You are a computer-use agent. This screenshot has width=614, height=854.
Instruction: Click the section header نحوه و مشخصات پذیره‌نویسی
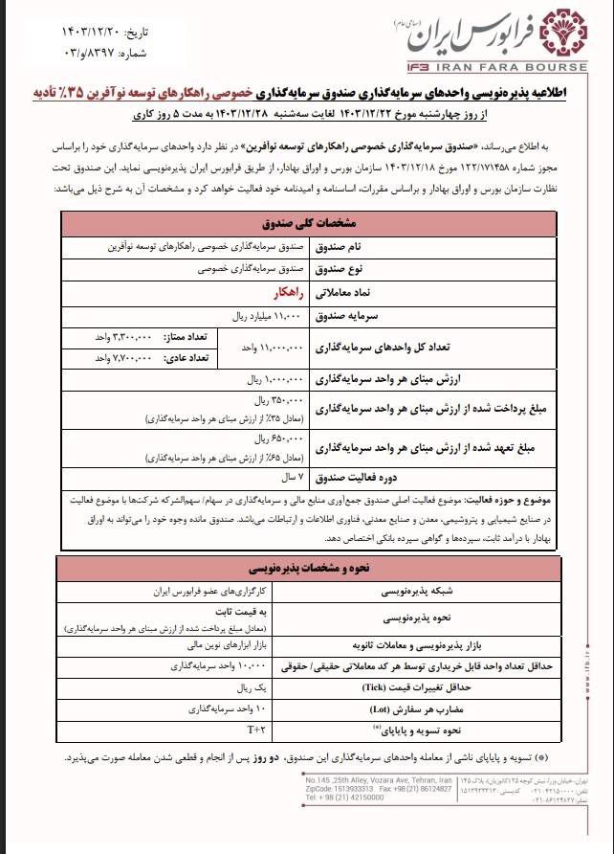307,566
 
